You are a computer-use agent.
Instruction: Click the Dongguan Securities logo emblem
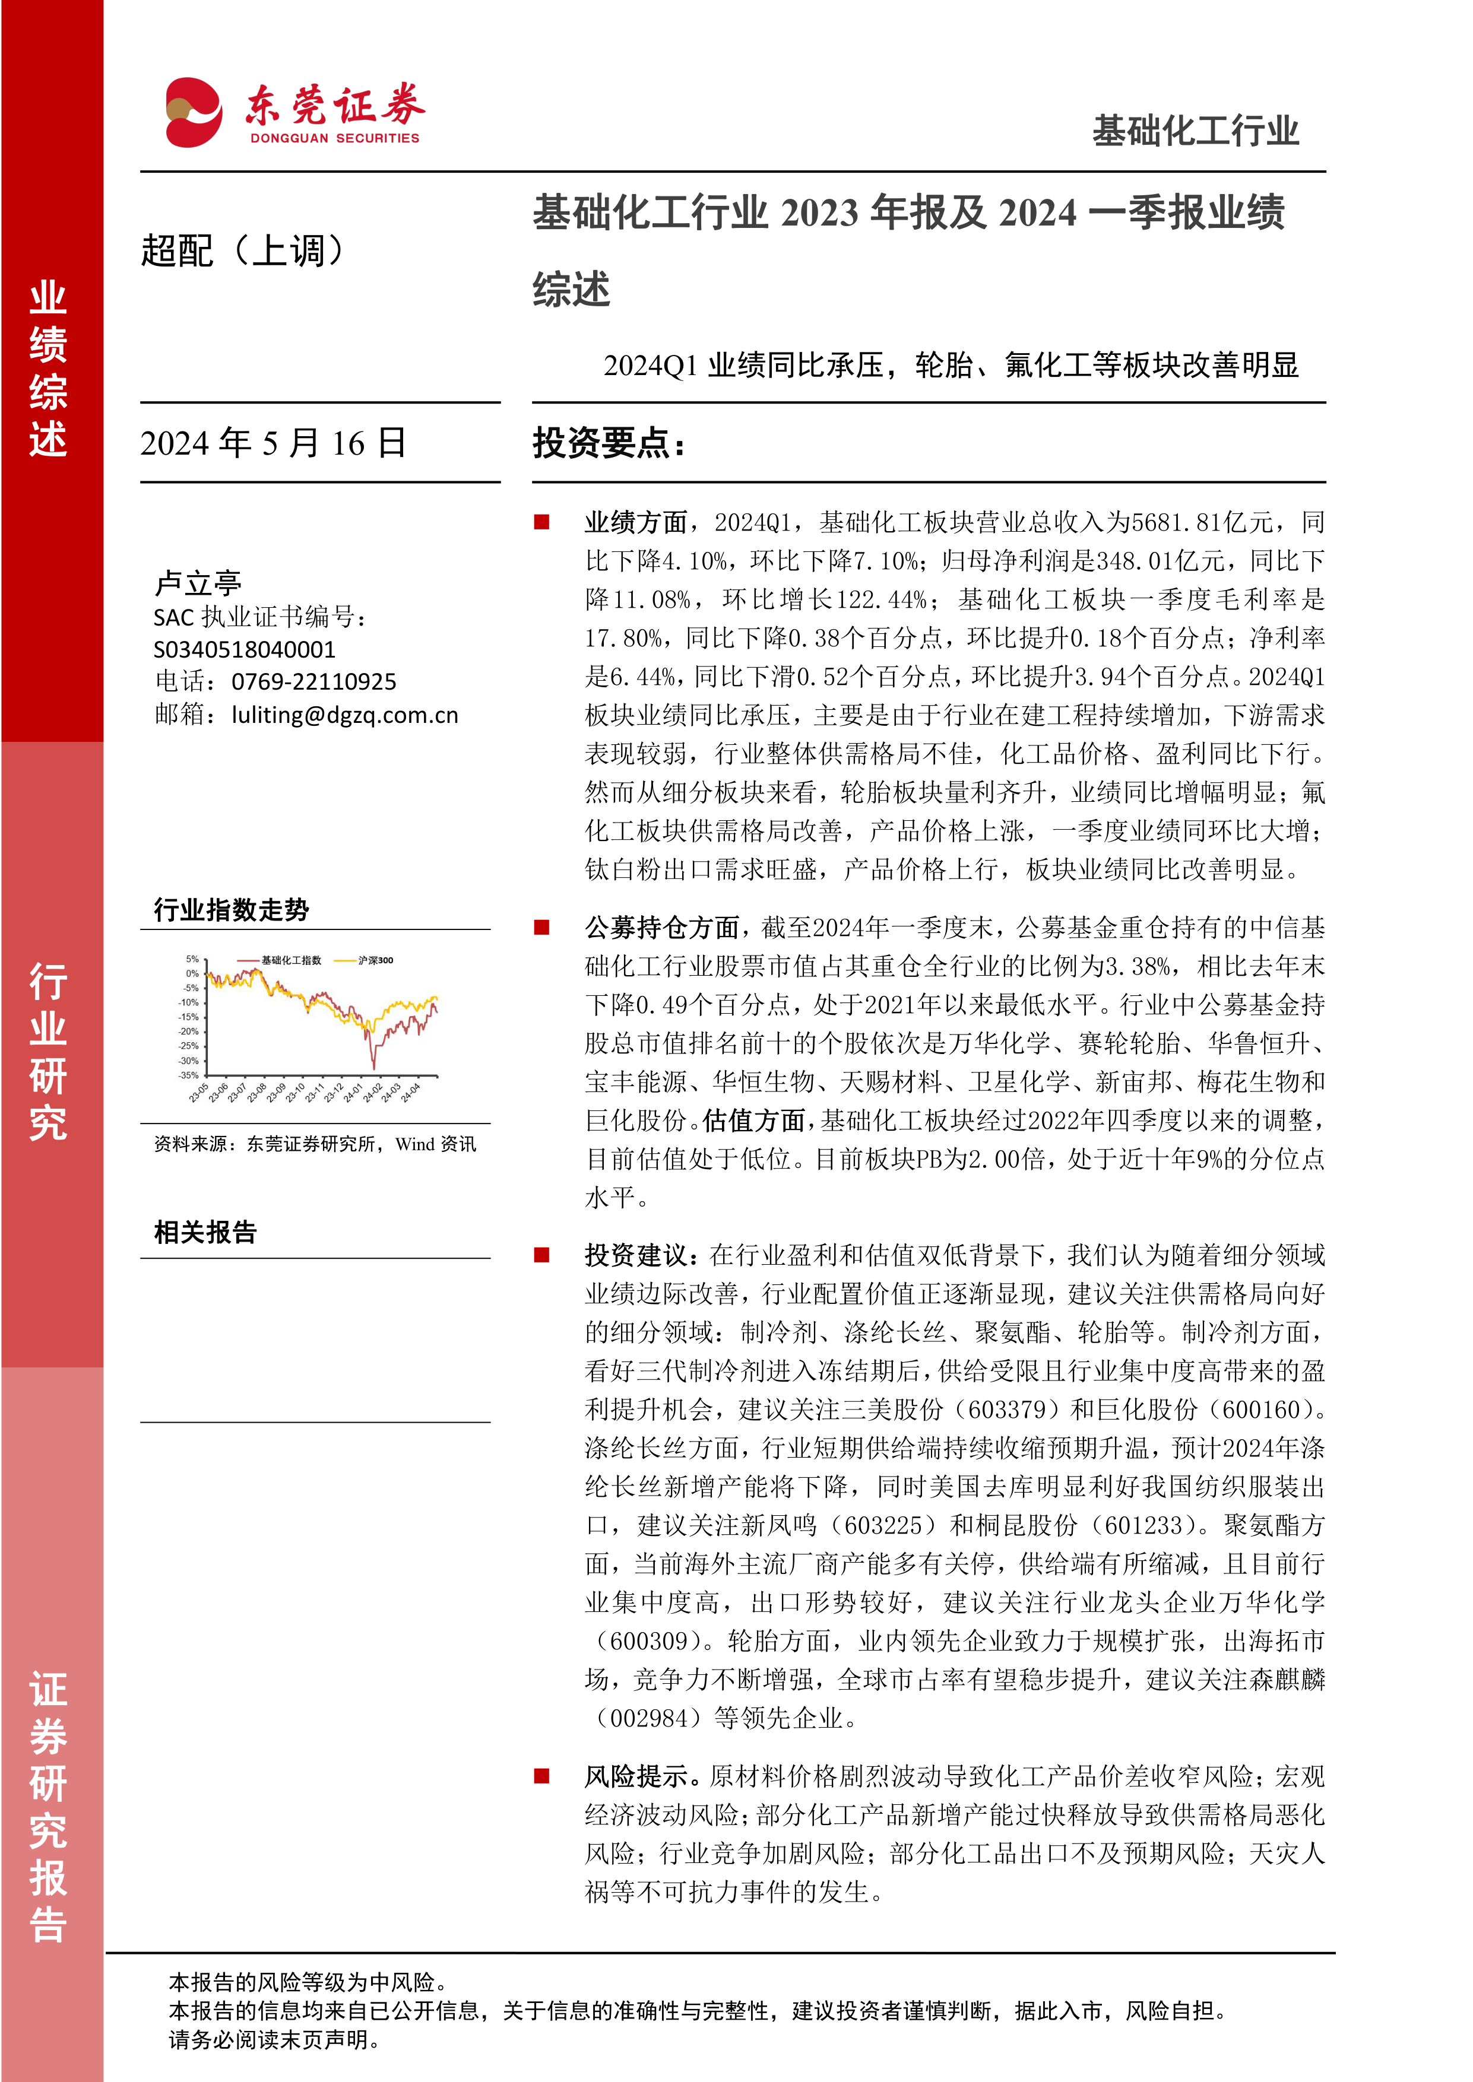[193, 112]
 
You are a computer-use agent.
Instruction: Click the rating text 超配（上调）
[243, 251]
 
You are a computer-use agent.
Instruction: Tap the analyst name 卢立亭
[198, 582]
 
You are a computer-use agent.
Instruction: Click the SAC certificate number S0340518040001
[245, 649]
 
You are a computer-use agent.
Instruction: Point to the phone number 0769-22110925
[314, 682]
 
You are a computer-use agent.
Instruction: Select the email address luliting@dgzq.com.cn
[345, 715]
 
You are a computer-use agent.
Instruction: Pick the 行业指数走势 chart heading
[232, 909]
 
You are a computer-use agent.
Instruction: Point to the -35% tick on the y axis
[189, 1075]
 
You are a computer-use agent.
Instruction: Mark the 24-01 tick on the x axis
[352, 1093]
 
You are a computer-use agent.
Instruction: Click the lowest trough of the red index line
[373, 1067]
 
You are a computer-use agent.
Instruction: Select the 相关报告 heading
[206, 1232]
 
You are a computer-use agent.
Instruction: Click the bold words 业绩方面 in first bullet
[636, 522]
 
